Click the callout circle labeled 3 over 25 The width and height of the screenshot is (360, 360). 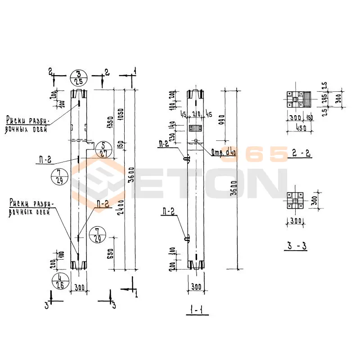[x=79, y=78]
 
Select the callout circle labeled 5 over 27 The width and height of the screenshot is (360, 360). [x=103, y=149]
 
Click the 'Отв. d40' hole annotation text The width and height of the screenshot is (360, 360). [x=224, y=153]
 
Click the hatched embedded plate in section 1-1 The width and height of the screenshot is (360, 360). [x=196, y=129]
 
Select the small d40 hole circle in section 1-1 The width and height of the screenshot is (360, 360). [x=196, y=140]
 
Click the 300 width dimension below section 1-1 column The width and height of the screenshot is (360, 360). [x=196, y=287]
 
